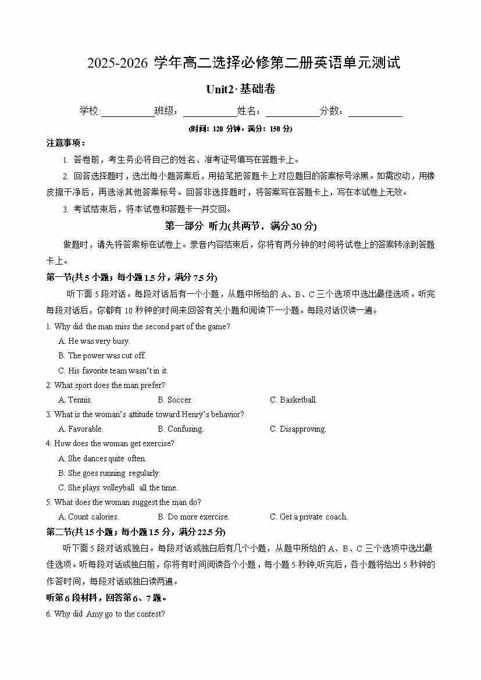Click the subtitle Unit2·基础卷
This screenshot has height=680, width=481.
pyautogui.click(x=240, y=89)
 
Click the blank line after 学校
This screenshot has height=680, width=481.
pyautogui.click(x=127, y=112)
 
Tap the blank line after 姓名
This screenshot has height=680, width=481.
pyautogui.click(x=292, y=112)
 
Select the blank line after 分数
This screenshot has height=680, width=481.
pyautogui.click(x=375, y=112)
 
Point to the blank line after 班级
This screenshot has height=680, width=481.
pyautogui.click(x=209, y=112)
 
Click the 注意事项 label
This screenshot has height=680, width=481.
pyautogui.click(x=66, y=143)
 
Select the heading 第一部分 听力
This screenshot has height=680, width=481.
pyautogui.click(x=241, y=226)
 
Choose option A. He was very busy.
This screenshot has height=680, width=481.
pyautogui.click(x=94, y=341)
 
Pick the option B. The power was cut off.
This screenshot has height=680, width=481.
pyautogui.click(x=102, y=356)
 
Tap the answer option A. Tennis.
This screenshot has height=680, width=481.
pyautogui.click(x=75, y=400)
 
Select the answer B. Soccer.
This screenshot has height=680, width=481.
pyautogui.click(x=174, y=400)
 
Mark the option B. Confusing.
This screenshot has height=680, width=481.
pyautogui.click(x=180, y=429)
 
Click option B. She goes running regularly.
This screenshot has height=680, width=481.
pyautogui.click(x=109, y=473)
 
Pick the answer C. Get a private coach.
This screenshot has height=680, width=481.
pyautogui.click(x=308, y=517)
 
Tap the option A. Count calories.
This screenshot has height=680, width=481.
pyautogui.click(x=88, y=517)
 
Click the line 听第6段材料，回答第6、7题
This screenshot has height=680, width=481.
pyautogui.click(x=107, y=598)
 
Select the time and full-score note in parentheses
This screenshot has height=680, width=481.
pyautogui.click(x=240, y=129)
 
